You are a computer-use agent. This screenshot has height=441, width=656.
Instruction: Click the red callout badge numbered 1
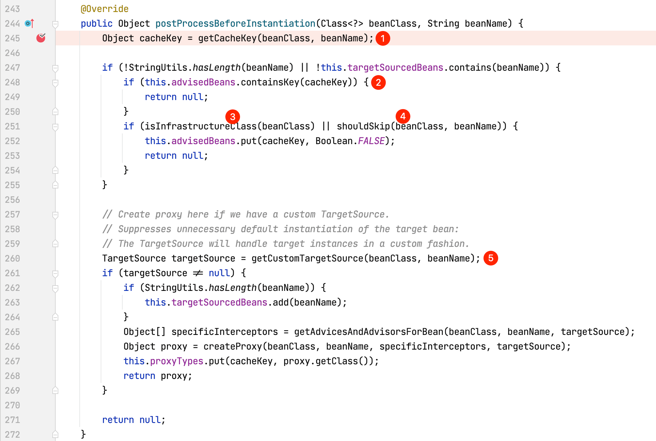(383, 38)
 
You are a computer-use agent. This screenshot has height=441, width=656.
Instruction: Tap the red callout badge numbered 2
(378, 82)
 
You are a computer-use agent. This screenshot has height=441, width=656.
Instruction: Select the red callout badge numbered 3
(233, 116)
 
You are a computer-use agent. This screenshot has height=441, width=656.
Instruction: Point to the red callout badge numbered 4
(403, 116)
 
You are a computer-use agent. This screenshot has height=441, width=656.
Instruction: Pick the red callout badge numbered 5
(491, 258)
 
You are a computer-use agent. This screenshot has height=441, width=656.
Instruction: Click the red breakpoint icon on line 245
(41, 38)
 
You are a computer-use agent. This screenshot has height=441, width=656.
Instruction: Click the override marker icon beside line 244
(29, 23)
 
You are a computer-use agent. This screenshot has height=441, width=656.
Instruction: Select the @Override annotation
(104, 9)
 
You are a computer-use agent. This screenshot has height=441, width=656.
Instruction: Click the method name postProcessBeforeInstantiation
(235, 23)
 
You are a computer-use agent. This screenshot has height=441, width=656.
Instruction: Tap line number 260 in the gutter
(13, 258)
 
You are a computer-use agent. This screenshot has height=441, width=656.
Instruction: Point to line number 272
(13, 434)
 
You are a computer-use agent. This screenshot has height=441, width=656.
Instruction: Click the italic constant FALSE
(371, 141)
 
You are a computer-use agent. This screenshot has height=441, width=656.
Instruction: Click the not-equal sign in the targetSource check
(198, 273)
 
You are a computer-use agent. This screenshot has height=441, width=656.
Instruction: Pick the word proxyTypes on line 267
(177, 361)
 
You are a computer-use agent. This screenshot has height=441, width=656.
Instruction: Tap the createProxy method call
(233, 346)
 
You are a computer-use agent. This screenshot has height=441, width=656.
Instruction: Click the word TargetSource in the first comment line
(353, 214)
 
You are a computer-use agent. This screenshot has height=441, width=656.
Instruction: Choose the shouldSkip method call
(363, 126)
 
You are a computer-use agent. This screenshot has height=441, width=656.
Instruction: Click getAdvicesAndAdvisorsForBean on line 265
(369, 332)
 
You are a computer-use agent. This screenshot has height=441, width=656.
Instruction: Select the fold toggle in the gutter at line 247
(55, 68)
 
